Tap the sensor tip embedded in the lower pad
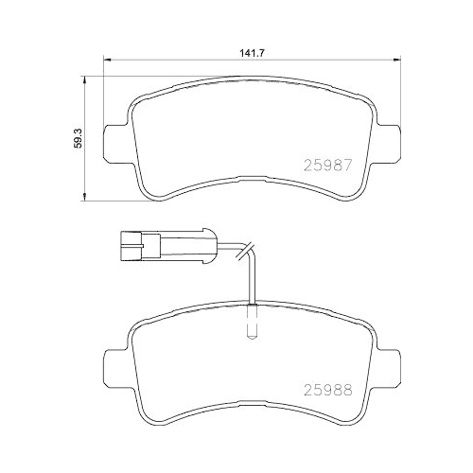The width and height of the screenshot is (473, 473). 250,324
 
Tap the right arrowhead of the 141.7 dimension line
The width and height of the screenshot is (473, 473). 394,63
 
